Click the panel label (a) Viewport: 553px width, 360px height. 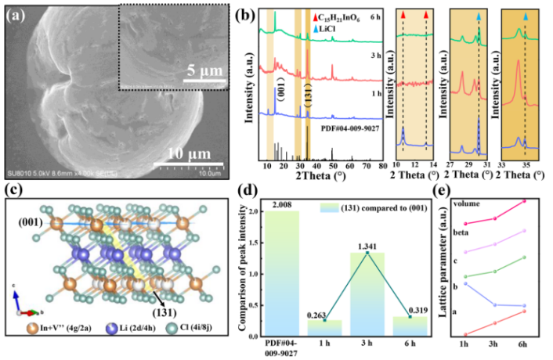tap(20, 15)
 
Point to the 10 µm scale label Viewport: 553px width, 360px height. tap(189, 151)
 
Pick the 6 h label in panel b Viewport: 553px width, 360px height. tap(374, 16)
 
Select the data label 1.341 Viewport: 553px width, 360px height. tap(367, 246)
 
